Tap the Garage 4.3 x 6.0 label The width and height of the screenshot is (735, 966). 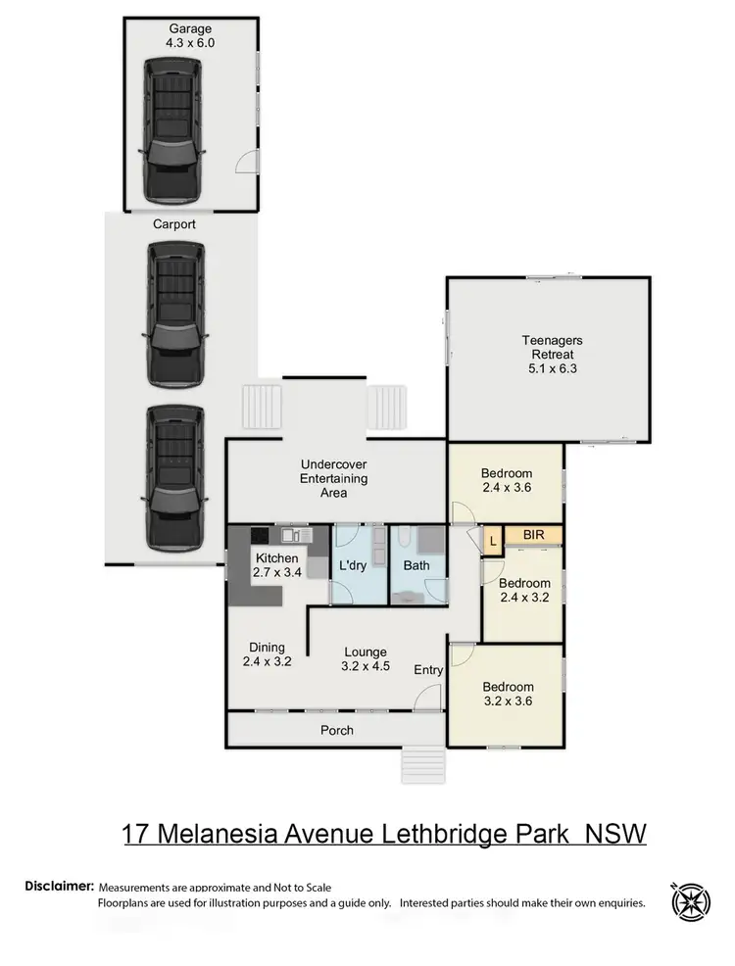(x=189, y=36)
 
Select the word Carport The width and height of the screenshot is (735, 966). (x=174, y=224)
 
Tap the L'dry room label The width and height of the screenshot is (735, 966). (x=354, y=566)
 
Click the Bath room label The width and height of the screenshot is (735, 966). (x=417, y=566)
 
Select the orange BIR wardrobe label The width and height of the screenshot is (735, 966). (x=533, y=536)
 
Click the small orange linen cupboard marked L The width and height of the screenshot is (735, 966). (x=490, y=537)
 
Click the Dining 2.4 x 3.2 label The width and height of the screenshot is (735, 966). (x=267, y=654)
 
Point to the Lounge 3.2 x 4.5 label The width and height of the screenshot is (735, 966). (x=365, y=658)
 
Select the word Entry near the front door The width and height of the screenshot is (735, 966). (x=428, y=670)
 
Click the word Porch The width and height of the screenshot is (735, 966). (x=337, y=730)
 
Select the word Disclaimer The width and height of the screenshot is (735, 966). (x=60, y=886)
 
